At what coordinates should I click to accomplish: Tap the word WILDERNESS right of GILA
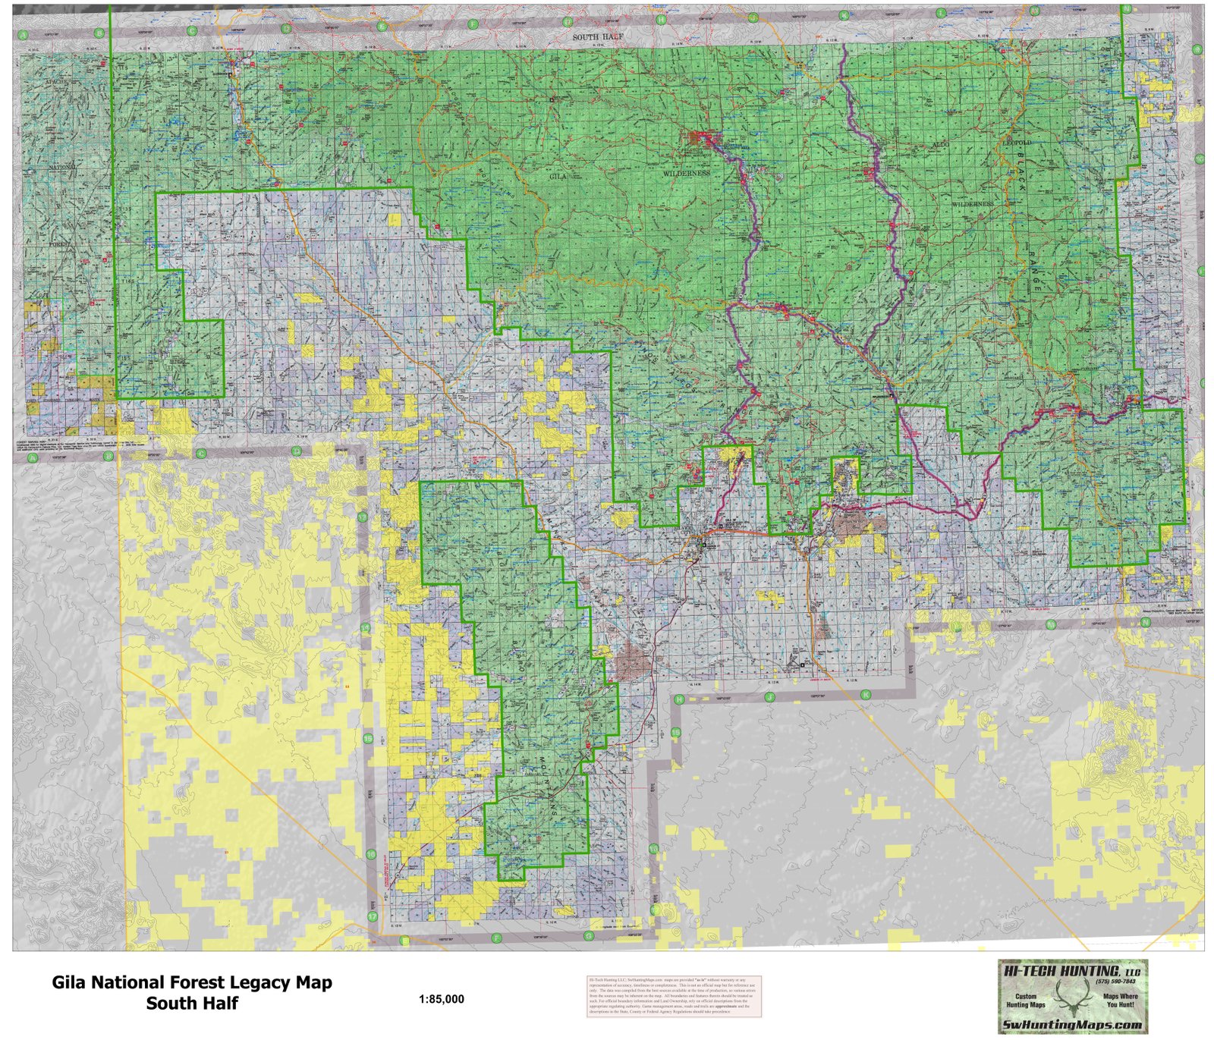click(x=686, y=173)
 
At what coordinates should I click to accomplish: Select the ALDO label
click(x=939, y=143)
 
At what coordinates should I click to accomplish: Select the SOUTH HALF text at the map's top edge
click(x=596, y=36)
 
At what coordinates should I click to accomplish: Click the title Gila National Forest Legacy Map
click(x=191, y=983)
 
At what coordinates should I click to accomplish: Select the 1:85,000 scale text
click(x=441, y=999)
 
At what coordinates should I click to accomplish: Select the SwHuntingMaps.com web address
click(x=1072, y=1025)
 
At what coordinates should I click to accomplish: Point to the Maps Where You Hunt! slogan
click(x=1118, y=1000)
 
